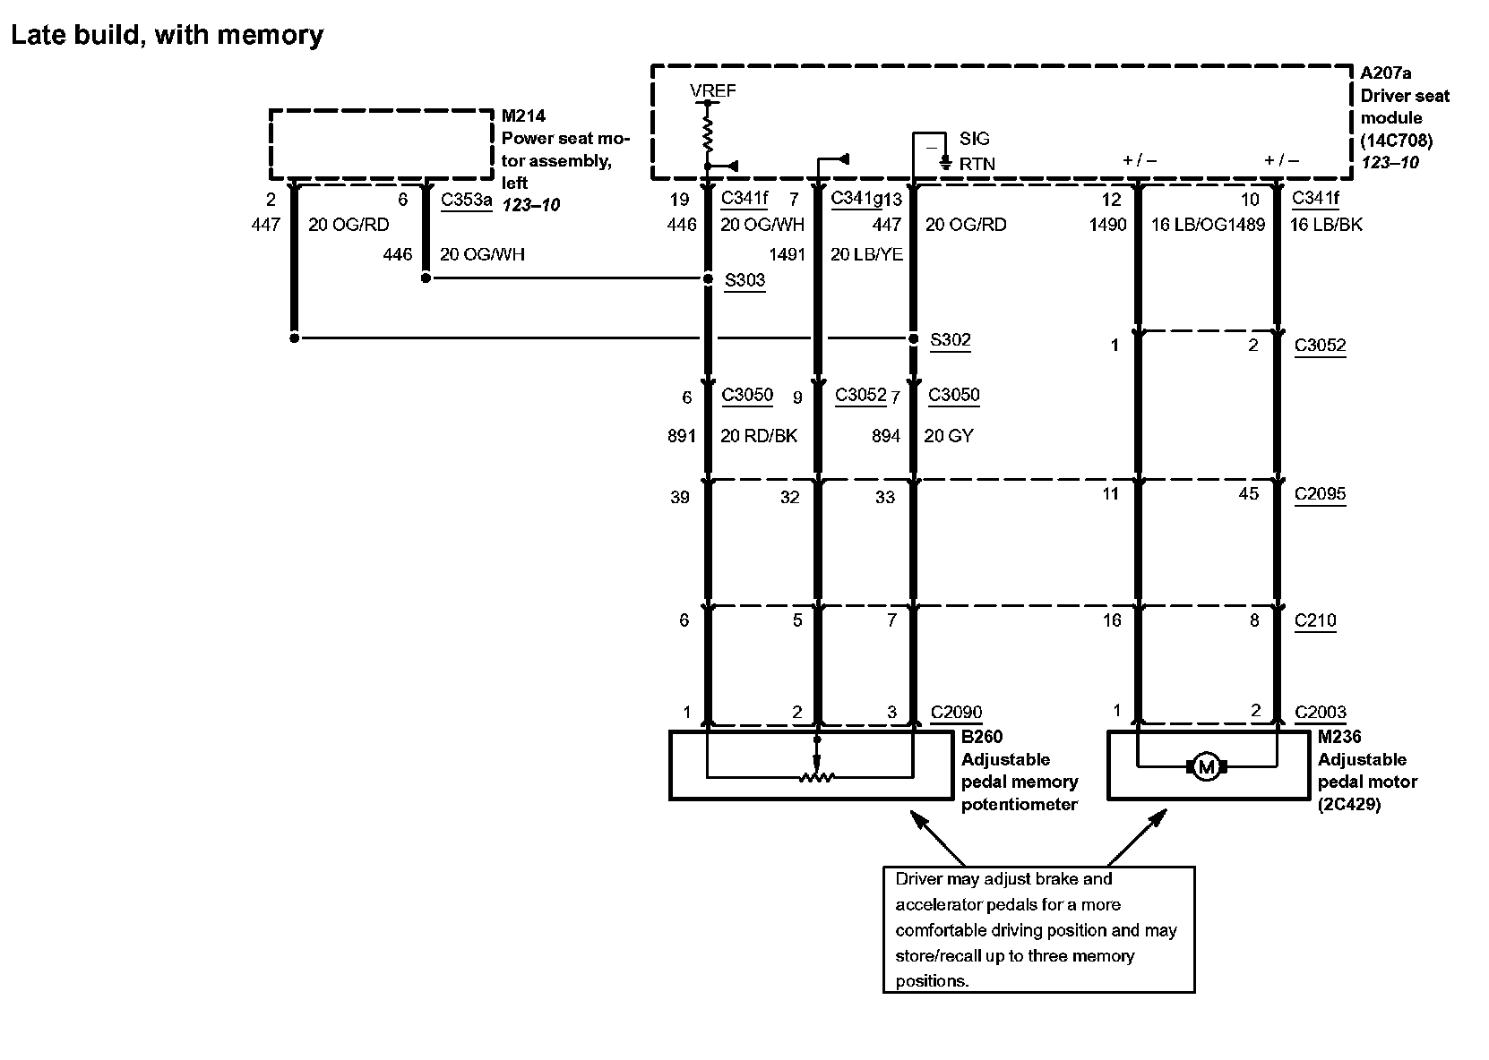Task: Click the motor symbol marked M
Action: (x=1206, y=766)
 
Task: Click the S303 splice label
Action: (x=744, y=280)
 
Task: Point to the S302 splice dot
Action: (x=913, y=338)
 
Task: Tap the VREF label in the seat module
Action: (x=713, y=90)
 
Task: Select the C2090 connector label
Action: (x=956, y=713)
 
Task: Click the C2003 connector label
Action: (x=1321, y=713)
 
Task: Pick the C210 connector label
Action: (x=1315, y=620)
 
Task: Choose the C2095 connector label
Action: (x=1320, y=494)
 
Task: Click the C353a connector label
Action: (x=466, y=199)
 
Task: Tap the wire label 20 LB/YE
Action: (x=866, y=254)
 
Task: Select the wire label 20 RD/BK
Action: (x=758, y=436)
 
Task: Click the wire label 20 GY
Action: (x=948, y=436)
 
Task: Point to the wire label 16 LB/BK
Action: (x=1326, y=225)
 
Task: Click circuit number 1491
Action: (x=787, y=254)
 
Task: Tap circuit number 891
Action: (x=681, y=436)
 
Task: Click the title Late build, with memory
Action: (x=167, y=35)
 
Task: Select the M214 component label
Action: (x=523, y=115)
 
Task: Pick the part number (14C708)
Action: (x=1397, y=141)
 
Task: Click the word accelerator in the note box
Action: (x=941, y=904)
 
